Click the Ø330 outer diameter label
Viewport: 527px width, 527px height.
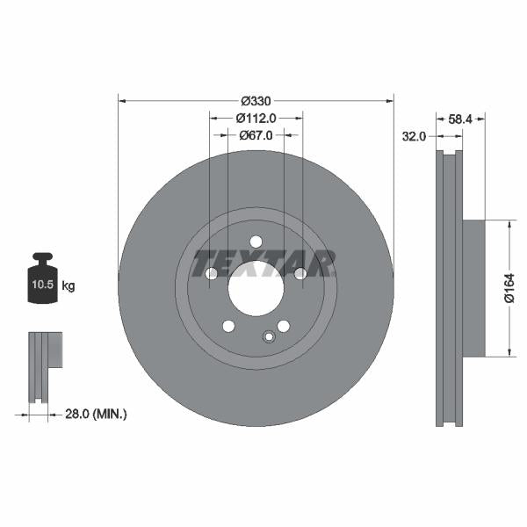click(x=256, y=100)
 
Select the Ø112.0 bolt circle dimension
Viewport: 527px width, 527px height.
click(x=256, y=118)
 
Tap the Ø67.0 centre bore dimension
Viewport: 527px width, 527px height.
click(x=256, y=135)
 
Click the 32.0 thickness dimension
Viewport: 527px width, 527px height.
click(x=414, y=136)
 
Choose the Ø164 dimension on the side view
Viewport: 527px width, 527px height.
click(x=509, y=288)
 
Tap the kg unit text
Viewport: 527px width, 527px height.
click(x=69, y=286)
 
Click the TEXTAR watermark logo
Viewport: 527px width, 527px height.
click(x=263, y=262)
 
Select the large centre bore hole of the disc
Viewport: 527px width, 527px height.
click(x=256, y=287)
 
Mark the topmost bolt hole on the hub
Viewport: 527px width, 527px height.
click(x=256, y=242)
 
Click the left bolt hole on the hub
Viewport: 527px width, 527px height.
click(x=211, y=274)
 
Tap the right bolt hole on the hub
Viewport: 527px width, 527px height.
click(x=300, y=274)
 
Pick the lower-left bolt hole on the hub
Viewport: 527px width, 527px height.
click(x=228, y=327)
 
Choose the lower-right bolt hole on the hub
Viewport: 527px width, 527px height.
click(x=283, y=327)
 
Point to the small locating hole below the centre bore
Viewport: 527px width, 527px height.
click(x=269, y=336)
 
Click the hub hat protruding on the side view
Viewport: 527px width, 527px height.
click(x=473, y=288)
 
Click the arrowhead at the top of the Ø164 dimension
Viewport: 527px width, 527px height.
click(x=509, y=224)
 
